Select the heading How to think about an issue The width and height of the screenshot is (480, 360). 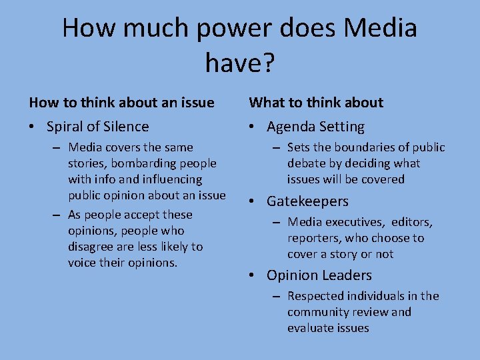click(x=121, y=103)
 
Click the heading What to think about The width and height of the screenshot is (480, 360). click(x=316, y=103)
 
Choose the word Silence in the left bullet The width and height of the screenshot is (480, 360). click(x=125, y=127)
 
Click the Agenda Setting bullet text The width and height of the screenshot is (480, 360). click(x=315, y=127)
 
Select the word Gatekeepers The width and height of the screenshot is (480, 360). click(x=307, y=201)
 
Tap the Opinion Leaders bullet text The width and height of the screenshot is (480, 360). click(x=319, y=275)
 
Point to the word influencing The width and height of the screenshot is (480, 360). click(x=171, y=179)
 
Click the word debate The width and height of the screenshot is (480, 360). click(x=309, y=163)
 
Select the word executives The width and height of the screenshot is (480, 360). click(x=357, y=222)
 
